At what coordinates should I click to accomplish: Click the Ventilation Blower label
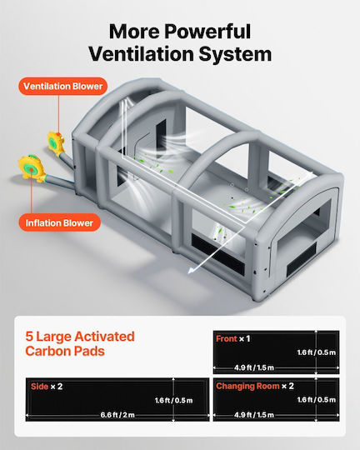(62, 86)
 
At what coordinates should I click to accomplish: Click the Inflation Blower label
(60, 222)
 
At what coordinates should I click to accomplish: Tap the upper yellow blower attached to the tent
(55, 143)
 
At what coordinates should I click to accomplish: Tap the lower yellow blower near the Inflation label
(32, 167)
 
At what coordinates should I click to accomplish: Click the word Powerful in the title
(207, 32)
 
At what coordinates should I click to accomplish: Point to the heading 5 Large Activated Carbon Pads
(80, 343)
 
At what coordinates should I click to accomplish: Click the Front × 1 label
(232, 338)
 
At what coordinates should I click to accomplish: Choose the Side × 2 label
(47, 387)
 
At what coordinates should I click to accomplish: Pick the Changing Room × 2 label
(255, 386)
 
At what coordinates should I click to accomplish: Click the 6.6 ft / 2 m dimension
(117, 415)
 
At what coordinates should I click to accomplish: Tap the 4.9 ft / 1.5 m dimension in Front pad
(254, 367)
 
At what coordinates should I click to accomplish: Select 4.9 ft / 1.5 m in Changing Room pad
(254, 415)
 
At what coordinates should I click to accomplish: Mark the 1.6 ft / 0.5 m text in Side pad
(173, 400)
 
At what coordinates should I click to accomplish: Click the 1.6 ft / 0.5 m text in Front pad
(317, 352)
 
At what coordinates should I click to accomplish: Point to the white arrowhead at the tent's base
(191, 270)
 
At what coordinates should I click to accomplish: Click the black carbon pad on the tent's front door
(302, 260)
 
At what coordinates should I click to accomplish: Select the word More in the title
(135, 32)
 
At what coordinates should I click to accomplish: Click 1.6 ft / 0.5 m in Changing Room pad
(317, 400)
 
